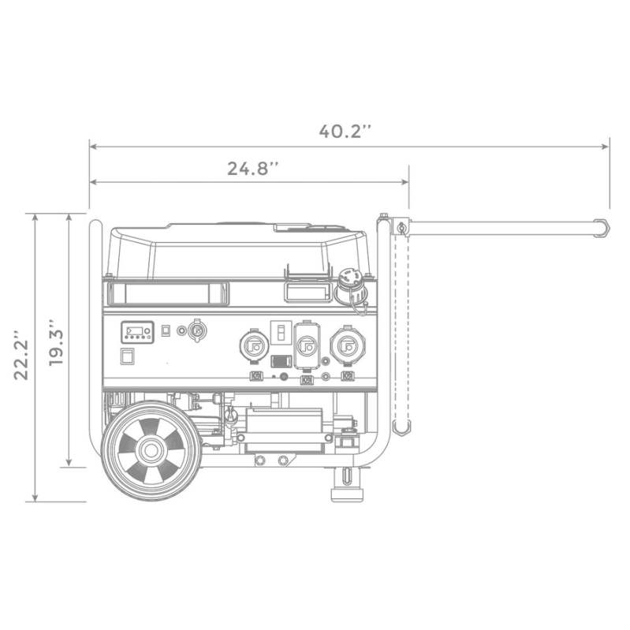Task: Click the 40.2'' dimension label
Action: click(345, 131)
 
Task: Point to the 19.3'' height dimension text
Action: click(54, 341)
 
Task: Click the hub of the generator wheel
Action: click(149, 452)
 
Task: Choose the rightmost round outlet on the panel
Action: click(344, 345)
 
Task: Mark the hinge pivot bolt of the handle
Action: click(401, 229)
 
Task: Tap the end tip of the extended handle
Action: click(604, 228)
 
